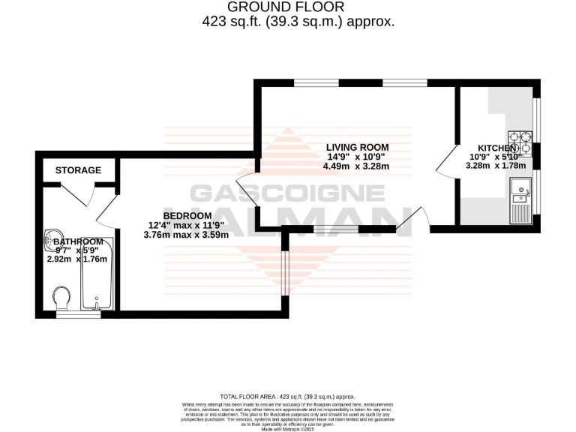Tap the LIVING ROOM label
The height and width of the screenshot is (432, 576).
pyautogui.click(x=356, y=146)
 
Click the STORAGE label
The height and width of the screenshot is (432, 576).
pyautogui.click(x=78, y=170)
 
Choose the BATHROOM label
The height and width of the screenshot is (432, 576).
pyautogui.click(x=77, y=241)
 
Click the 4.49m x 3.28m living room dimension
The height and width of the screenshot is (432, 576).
pyautogui.click(x=357, y=166)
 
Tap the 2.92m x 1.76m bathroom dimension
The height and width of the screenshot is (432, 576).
pyautogui.click(x=77, y=259)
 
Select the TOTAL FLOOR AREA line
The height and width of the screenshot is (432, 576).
pyautogui.click(x=287, y=396)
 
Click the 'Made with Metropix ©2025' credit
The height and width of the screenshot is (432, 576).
pyautogui.click(x=287, y=428)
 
